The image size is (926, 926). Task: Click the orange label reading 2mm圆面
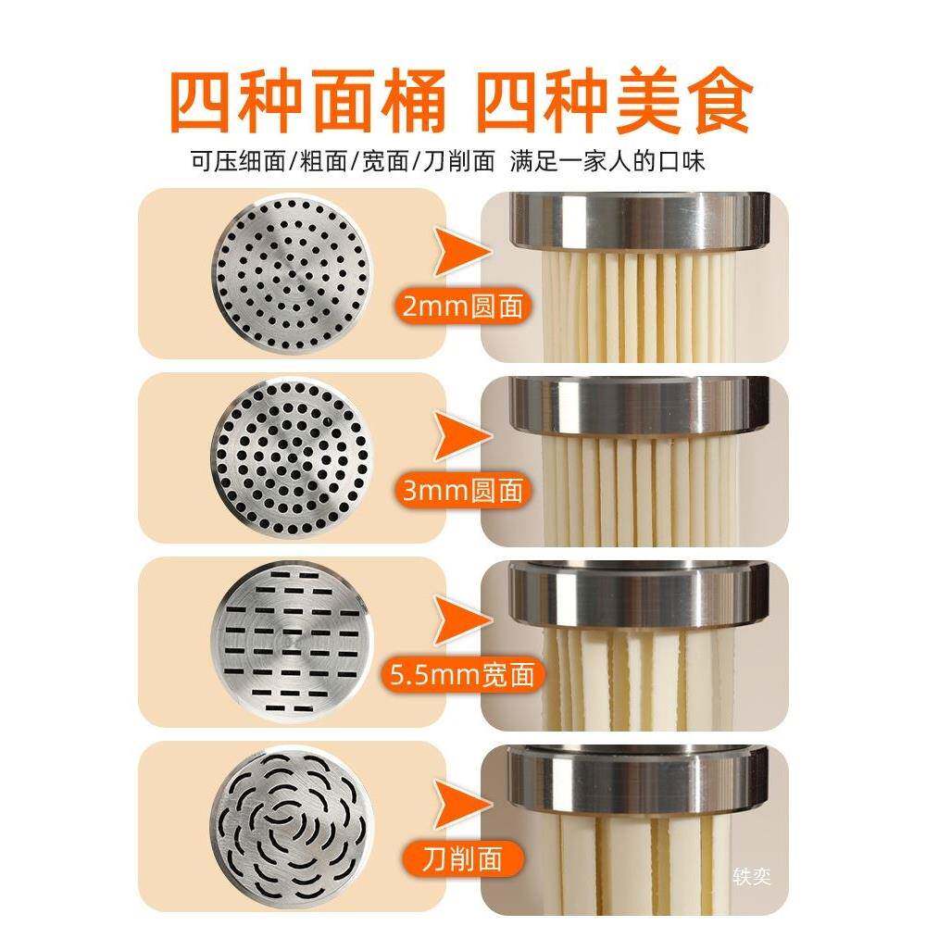pos(460,306)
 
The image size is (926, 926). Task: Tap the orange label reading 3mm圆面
pos(460,491)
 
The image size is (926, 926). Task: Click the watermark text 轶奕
pos(750,876)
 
